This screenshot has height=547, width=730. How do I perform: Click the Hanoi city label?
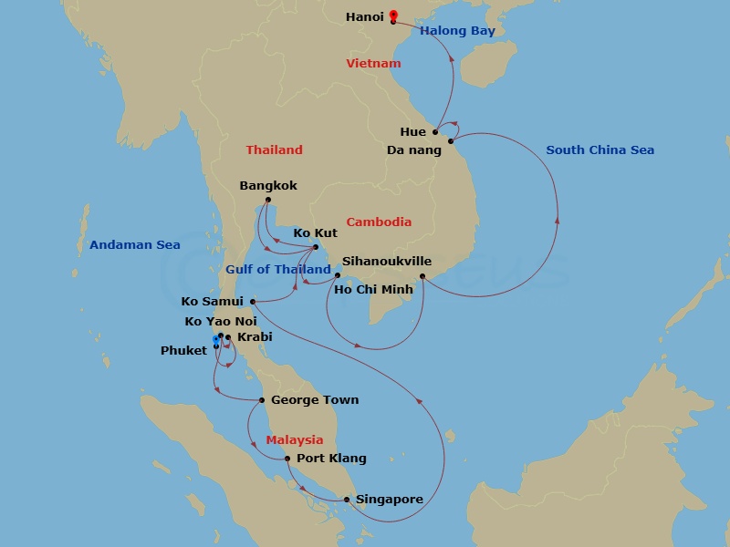point(365,17)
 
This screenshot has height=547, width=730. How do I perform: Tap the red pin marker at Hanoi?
point(393,15)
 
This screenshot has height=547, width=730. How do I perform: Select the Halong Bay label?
point(457,31)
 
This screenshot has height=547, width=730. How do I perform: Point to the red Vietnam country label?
point(373,63)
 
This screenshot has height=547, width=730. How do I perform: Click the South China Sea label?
point(600,150)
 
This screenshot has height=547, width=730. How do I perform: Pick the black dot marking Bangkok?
point(268,201)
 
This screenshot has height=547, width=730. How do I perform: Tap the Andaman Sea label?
point(134,244)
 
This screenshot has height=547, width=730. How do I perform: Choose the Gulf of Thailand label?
point(278,269)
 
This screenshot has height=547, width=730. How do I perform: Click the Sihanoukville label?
point(386,260)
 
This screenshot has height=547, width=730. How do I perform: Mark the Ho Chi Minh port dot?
point(422,276)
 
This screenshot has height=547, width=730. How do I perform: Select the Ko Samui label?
point(213,301)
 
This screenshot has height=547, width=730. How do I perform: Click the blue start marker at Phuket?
point(215,341)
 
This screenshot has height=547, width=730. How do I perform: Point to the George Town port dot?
point(262,400)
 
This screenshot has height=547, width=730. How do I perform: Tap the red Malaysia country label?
point(295,439)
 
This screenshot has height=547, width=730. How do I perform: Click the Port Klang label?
point(331,459)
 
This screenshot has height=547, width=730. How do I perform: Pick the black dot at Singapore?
point(347,499)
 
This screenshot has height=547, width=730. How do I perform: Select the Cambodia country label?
point(378,222)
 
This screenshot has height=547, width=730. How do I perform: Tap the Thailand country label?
point(274,150)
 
